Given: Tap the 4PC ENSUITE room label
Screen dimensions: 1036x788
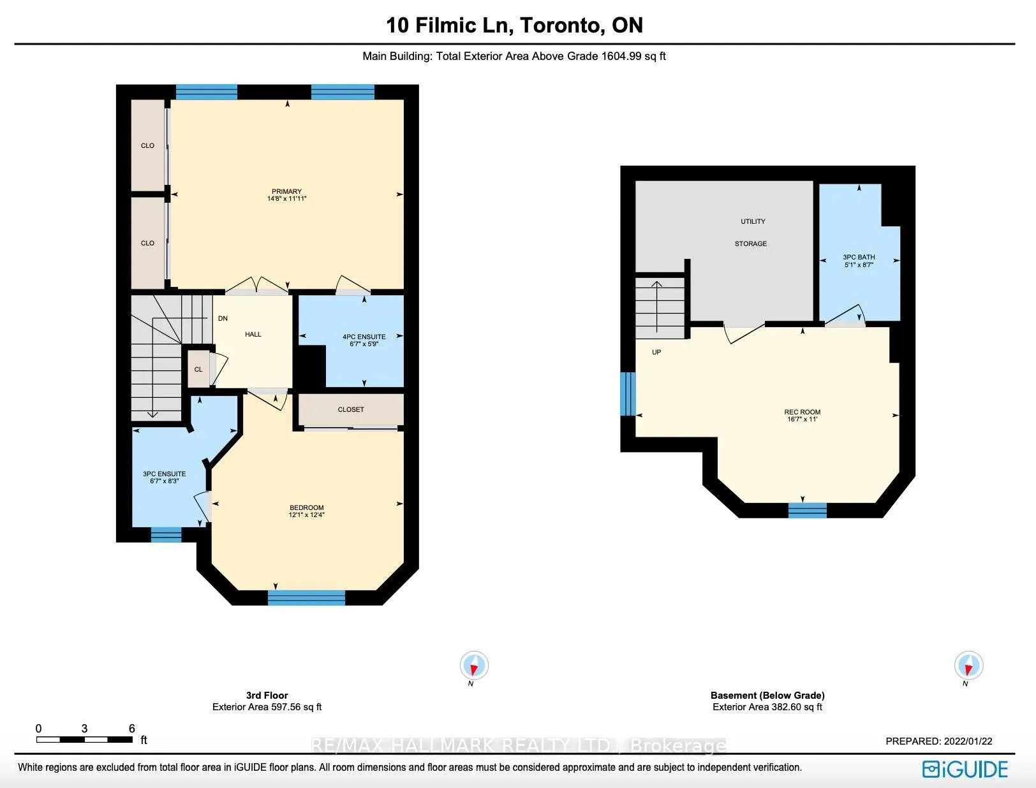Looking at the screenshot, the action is [x=364, y=337].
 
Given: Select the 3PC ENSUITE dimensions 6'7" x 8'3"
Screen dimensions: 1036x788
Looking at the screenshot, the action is [x=164, y=481].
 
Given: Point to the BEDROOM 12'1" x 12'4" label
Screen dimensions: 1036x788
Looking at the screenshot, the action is [x=307, y=511].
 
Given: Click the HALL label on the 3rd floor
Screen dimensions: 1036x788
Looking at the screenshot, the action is [x=253, y=334].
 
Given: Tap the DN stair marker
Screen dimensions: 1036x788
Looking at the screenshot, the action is [x=223, y=318].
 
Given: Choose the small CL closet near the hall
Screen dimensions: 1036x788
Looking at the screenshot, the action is [x=198, y=369].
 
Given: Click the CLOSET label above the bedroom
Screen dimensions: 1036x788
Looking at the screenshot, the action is [x=351, y=409].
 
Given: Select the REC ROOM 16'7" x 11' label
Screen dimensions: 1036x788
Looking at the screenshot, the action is [x=803, y=416].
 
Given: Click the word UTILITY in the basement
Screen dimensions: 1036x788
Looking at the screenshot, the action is [x=753, y=221].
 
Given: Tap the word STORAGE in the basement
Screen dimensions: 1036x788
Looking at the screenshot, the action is [x=750, y=244].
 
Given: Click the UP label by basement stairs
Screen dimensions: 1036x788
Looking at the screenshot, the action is [x=656, y=353].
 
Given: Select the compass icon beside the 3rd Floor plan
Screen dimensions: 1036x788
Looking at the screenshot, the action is [x=474, y=666].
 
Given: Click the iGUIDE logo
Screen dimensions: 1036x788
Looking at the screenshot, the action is [x=965, y=769].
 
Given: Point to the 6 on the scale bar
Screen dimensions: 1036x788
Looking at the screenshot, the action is [x=132, y=729].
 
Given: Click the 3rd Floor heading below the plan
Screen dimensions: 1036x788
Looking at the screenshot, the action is [x=267, y=695].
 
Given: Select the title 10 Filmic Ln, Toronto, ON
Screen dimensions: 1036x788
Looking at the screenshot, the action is [x=514, y=25].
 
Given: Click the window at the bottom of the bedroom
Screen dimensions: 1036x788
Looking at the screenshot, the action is [x=306, y=597].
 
